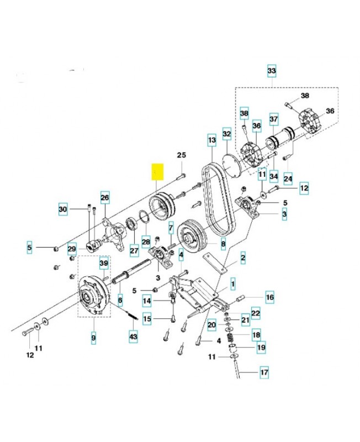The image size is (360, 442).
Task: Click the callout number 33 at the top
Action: tap(271, 71)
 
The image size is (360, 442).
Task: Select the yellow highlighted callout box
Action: tap(158, 172)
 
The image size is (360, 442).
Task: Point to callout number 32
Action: tap(227, 134)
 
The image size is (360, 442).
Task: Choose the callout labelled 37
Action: tap(273, 119)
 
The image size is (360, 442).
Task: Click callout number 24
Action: tap(288, 178)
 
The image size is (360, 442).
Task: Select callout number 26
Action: tap(105, 196)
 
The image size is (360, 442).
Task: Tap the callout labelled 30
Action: tap(63, 209)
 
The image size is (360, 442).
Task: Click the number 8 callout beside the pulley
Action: tap(223, 242)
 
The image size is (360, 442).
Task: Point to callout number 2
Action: tap(243, 257)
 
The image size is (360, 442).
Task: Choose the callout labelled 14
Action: tap(146, 301)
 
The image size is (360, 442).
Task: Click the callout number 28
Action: tap(146, 241)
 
